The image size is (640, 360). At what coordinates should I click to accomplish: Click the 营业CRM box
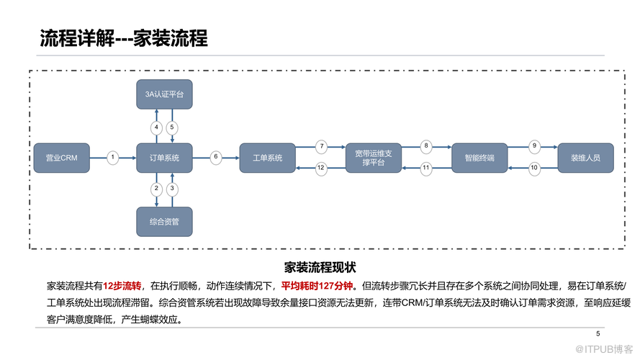pyautogui.click(x=62, y=158)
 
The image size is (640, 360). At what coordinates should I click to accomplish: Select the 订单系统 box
pyautogui.click(x=164, y=158)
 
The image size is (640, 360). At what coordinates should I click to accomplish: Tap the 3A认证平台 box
pyautogui.click(x=164, y=94)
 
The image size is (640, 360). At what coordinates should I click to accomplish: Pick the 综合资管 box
pyautogui.click(x=164, y=222)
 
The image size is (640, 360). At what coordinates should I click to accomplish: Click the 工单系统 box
pyautogui.click(x=267, y=158)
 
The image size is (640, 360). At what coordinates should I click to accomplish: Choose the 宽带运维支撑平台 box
pyautogui.click(x=374, y=158)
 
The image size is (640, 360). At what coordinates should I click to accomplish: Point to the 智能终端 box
pyautogui.click(x=479, y=158)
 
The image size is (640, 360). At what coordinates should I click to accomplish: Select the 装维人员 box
pyautogui.click(x=586, y=158)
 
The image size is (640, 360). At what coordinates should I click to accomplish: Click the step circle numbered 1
pyautogui.click(x=112, y=158)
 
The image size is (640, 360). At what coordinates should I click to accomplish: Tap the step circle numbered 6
pyautogui.click(x=216, y=157)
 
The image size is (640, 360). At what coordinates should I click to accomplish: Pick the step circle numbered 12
pyautogui.click(x=321, y=168)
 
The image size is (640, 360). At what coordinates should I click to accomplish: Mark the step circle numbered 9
pyautogui.click(x=534, y=147)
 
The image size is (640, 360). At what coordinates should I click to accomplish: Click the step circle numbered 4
pyautogui.click(x=156, y=127)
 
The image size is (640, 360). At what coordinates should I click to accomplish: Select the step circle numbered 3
pyautogui.click(x=172, y=189)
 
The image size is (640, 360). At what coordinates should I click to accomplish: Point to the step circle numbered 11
pyautogui.click(x=426, y=168)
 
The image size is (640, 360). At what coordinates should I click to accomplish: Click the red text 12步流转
pyautogui.click(x=122, y=286)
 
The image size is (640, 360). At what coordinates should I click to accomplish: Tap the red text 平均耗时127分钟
pyautogui.click(x=317, y=286)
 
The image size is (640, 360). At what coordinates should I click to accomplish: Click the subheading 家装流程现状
pyautogui.click(x=320, y=268)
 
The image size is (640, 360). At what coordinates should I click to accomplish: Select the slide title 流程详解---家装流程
pyautogui.click(x=124, y=38)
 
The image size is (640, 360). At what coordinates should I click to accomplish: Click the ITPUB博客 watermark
pyautogui.click(x=604, y=349)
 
